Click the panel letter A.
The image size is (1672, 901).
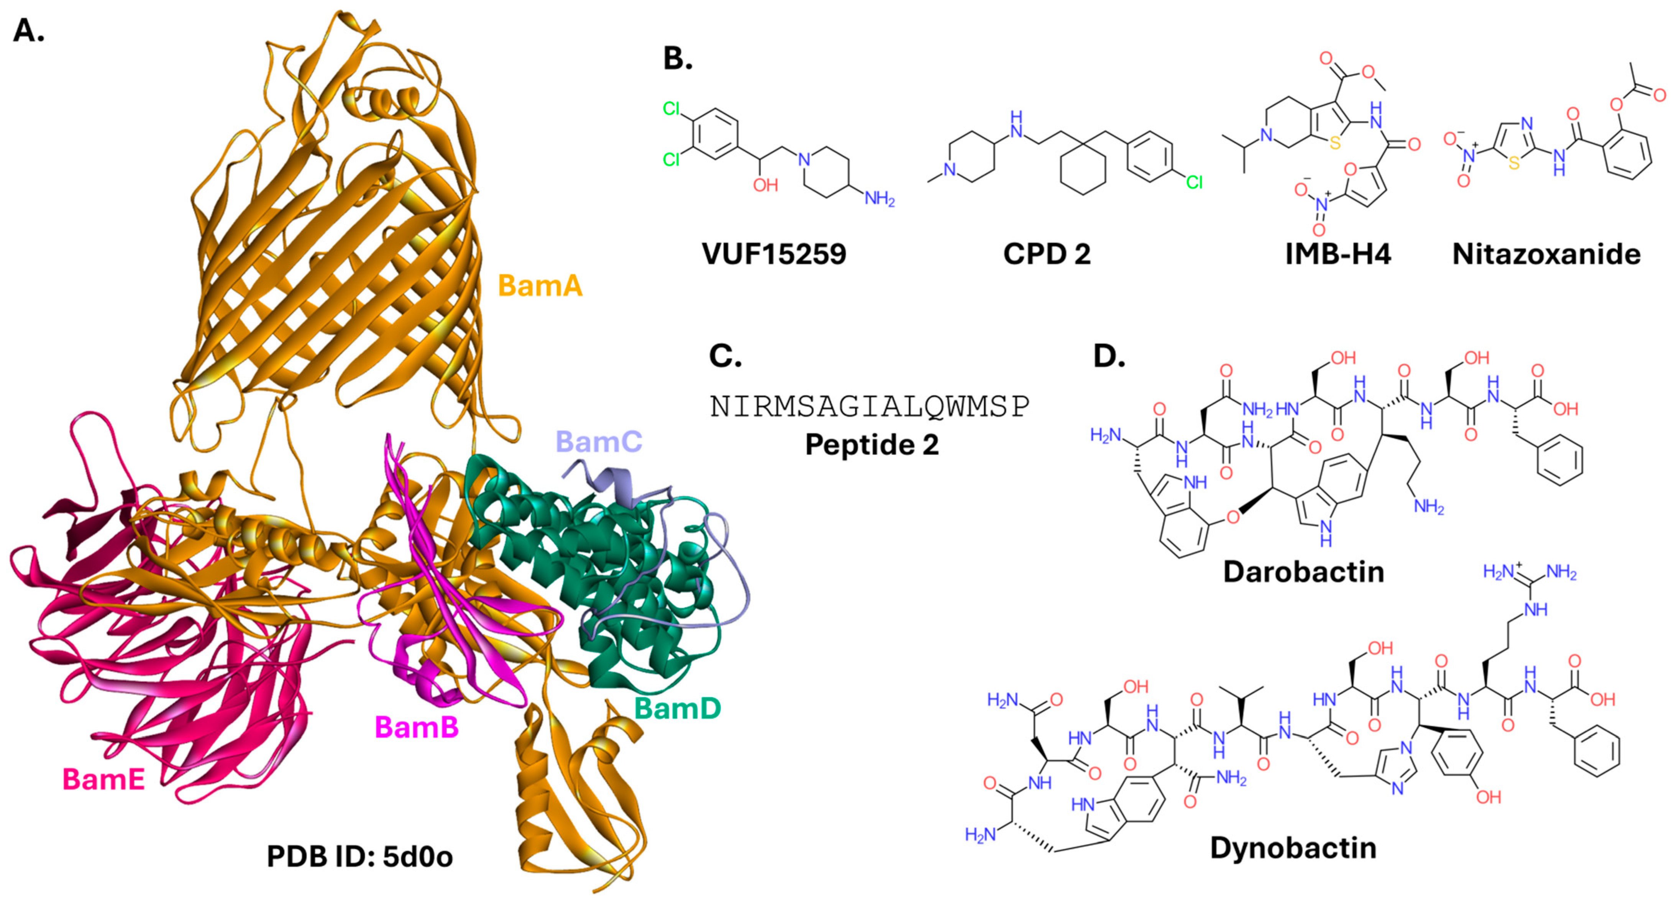29,31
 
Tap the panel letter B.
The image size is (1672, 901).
678,58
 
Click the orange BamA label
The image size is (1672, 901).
540,286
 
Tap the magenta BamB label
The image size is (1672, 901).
417,727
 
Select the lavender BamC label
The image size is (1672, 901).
599,442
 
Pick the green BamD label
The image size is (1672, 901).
677,707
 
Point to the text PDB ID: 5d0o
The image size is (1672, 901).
359,857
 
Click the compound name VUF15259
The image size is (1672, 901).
774,254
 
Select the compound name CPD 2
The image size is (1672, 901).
1046,254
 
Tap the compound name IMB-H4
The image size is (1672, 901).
1338,254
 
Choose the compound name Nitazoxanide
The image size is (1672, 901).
1546,254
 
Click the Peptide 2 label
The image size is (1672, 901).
872,445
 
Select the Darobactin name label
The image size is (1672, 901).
1303,572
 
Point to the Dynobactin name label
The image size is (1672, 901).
1293,848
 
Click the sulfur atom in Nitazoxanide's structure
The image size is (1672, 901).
1514,164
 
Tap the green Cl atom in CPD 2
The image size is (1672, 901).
1194,182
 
